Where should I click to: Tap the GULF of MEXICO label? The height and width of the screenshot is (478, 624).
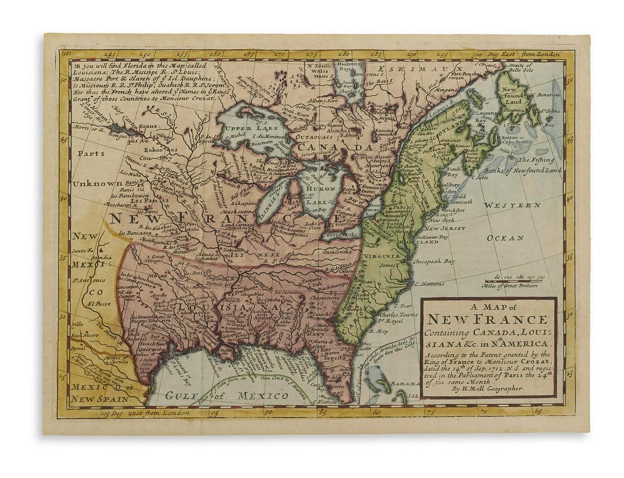(227, 395)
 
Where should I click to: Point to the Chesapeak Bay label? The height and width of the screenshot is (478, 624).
(434, 262)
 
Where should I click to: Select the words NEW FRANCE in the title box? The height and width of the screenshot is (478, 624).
(488, 320)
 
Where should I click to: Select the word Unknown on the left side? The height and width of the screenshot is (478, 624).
(96, 184)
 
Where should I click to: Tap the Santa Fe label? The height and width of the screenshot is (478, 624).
(82, 250)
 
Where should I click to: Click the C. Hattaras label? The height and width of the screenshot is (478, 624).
(433, 284)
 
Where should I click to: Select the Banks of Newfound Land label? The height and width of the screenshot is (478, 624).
(526, 170)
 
